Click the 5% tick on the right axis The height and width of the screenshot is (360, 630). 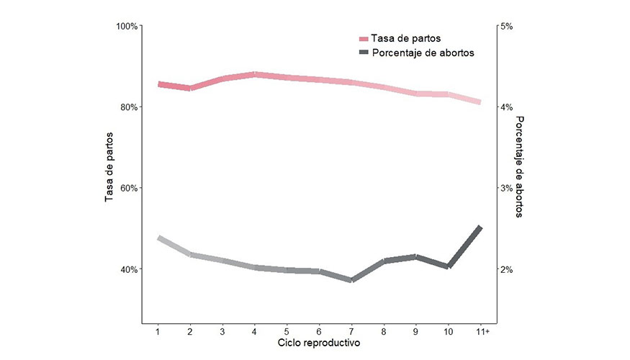point(506,27)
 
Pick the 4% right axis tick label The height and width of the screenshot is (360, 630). point(506,107)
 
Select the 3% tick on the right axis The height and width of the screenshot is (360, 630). point(506,188)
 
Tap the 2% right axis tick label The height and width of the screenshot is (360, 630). point(506,269)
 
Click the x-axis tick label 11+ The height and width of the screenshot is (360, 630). point(482,331)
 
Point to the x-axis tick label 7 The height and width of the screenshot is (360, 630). point(351,331)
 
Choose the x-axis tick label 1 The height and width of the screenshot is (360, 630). point(158,331)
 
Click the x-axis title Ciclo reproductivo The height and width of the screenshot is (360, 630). point(319,343)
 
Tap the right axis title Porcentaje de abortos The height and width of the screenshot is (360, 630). point(522,167)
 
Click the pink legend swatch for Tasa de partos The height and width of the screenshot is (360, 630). point(364,38)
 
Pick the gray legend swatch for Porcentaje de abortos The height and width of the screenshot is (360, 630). point(364,53)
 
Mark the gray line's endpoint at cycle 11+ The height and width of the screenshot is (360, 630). point(480,228)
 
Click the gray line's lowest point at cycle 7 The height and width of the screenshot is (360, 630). point(351,280)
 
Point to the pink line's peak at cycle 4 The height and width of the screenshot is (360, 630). point(255,74)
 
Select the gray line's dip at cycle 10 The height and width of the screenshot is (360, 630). point(448,266)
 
